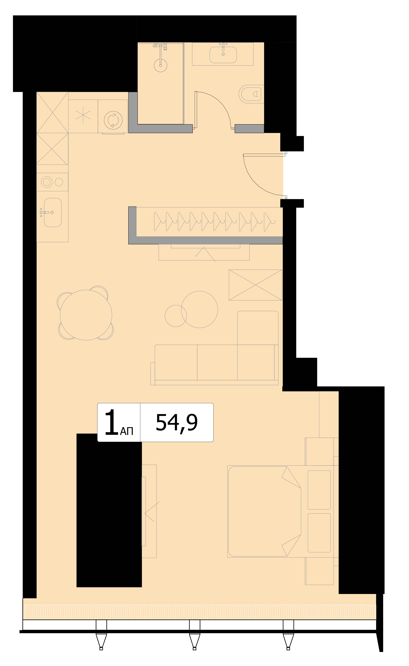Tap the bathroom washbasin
(223, 55)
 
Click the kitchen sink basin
(53, 212)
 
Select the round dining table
(86, 315)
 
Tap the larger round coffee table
(199, 309)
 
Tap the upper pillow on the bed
(319, 490)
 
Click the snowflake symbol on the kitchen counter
(83, 116)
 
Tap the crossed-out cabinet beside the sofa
(255, 285)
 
